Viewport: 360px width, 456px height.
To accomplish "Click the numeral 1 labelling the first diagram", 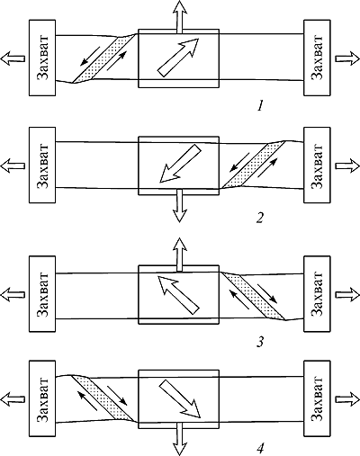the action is (x=261, y=106).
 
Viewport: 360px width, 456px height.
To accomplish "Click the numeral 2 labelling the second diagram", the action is (x=260, y=218).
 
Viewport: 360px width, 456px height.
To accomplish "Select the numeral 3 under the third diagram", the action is (x=260, y=342).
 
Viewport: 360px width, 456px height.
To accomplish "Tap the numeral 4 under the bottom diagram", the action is (x=261, y=449).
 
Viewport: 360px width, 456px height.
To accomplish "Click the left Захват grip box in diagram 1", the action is (x=42, y=58).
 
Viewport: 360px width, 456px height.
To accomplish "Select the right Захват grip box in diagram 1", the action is (x=317, y=58).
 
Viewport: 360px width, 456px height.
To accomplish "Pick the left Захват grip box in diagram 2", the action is (x=42, y=165).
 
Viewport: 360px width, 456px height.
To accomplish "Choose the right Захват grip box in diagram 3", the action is (x=317, y=294).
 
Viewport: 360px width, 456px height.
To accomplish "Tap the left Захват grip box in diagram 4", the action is (x=42, y=398).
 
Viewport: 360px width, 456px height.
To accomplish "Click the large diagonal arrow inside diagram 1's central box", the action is (x=178, y=58).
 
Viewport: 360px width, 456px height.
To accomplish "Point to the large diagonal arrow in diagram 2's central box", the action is (x=180, y=164).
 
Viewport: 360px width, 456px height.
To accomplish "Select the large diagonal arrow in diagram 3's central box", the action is (x=178, y=295).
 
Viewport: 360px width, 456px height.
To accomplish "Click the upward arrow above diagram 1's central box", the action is (x=179, y=17).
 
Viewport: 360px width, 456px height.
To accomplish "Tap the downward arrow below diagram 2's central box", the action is (x=179, y=206).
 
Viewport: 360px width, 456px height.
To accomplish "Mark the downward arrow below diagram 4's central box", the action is (x=179, y=439).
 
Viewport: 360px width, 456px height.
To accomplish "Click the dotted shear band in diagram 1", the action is (x=104, y=58).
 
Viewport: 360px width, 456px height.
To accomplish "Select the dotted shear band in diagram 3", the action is (x=253, y=296).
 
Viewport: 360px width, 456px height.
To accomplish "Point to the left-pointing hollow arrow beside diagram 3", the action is (x=13, y=294).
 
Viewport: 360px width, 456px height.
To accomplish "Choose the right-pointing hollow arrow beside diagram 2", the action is (x=347, y=165).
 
